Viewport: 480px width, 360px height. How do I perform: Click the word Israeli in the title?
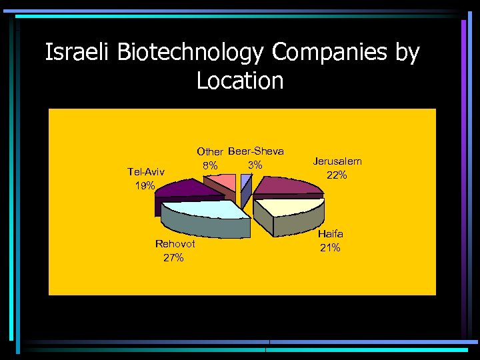(79, 53)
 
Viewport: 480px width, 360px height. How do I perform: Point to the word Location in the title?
(240, 81)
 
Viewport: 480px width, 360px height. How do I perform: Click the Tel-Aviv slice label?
(145, 172)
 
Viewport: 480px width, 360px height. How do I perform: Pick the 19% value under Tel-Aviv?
(145, 186)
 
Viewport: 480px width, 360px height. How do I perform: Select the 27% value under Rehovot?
(173, 258)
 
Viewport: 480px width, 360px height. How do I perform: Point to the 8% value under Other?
(209, 165)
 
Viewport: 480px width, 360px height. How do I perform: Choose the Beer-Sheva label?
(256, 151)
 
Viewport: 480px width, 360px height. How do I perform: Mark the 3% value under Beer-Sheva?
(255, 165)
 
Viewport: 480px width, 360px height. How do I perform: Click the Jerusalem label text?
(338, 161)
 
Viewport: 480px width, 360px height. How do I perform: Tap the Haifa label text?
(331, 234)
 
